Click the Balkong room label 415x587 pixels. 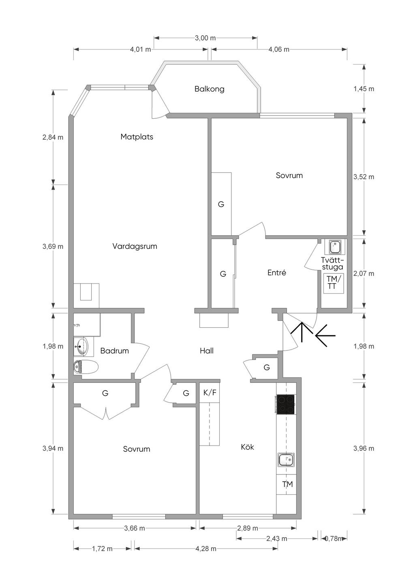click(209, 89)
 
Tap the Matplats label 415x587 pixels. click(137, 137)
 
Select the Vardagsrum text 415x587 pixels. click(135, 246)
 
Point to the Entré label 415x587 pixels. click(276, 273)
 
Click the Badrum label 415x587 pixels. click(115, 351)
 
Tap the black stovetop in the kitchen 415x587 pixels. click(285, 404)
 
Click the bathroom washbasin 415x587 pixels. click(82, 346)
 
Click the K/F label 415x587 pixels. click(210, 393)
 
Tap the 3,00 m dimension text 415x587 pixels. click(205, 38)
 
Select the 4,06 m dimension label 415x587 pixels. click(279, 49)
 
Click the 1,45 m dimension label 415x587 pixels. click(364, 89)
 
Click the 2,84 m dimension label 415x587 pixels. click(53, 137)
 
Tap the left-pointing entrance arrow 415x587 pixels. click(325, 336)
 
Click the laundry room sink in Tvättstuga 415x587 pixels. click(335, 247)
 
